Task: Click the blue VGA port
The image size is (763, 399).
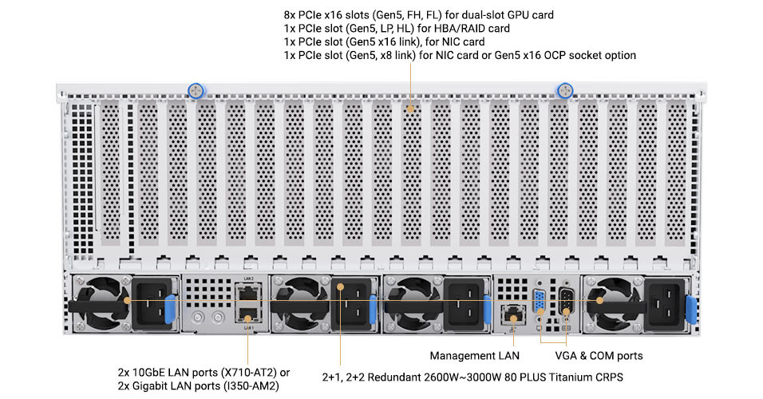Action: [540, 302]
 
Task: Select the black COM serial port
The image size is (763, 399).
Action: [566, 302]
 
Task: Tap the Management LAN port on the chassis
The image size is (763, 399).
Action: [512, 314]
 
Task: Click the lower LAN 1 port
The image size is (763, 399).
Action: [248, 315]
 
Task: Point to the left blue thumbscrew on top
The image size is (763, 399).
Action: [196, 90]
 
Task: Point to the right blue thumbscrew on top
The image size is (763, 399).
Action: [564, 90]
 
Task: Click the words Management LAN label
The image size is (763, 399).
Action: [474, 356]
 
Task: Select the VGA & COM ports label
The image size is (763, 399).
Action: [599, 356]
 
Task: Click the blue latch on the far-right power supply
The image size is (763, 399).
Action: [691, 309]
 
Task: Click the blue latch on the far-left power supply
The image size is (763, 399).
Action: [170, 309]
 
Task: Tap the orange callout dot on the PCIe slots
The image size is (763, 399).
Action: [411, 109]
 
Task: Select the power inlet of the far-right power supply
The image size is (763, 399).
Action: [665, 303]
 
